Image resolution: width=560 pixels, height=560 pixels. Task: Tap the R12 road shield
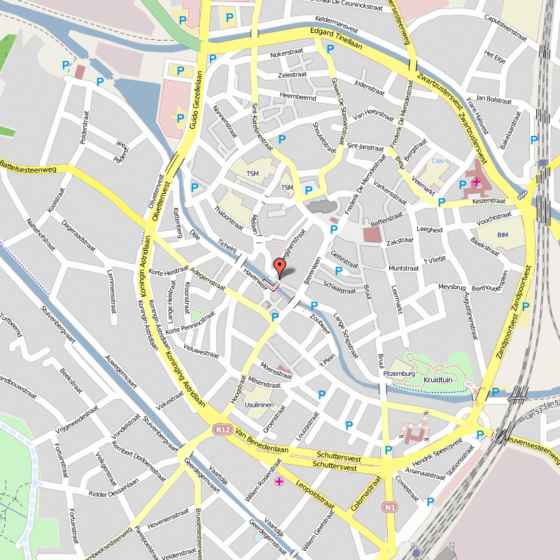point(223,429)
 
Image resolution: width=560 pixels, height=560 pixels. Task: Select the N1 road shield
point(390,507)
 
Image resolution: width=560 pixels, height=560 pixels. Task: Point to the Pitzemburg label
point(400,374)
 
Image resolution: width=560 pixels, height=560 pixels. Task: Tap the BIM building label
point(502,234)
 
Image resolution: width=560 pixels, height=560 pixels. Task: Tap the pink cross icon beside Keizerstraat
point(476,183)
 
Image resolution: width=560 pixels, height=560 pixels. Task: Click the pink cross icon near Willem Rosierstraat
point(279,482)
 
